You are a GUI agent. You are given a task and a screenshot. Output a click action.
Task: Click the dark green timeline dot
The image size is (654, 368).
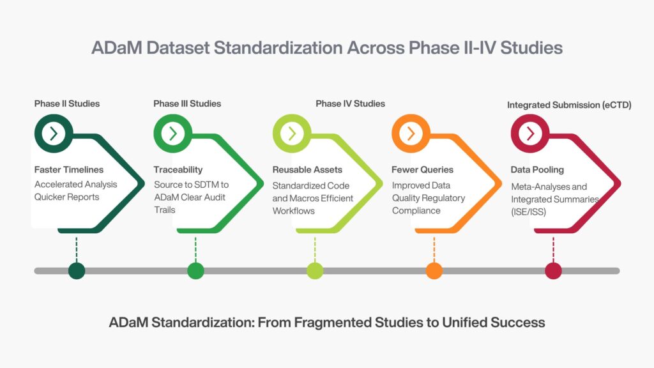click(77, 271)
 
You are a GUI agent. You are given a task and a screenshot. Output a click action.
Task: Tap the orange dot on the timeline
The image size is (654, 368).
click(434, 271)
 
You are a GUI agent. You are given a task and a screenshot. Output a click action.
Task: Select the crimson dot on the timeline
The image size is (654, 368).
click(554, 271)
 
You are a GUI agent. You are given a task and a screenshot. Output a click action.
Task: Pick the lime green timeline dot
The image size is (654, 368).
click(315, 271)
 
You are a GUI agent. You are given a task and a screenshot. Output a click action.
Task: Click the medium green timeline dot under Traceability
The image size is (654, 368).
click(195, 271)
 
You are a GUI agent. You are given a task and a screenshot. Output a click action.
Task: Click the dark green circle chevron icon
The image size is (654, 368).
click(54, 134)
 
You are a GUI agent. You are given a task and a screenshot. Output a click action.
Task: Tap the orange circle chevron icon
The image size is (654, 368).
click(411, 134)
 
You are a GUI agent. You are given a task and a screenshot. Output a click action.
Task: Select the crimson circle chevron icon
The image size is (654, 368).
click(530, 134)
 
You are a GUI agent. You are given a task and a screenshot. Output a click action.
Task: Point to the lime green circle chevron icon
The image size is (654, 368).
click(292, 134)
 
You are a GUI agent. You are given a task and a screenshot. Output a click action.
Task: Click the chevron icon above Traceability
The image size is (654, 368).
click(172, 134)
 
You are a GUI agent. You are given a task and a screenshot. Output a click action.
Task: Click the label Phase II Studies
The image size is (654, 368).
click(67, 103)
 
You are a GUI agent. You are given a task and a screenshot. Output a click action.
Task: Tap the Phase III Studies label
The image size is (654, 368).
click(187, 103)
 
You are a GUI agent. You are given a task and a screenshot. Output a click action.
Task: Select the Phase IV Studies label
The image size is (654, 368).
click(351, 103)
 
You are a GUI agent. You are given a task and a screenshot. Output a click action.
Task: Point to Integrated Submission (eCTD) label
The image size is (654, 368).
click(569, 105)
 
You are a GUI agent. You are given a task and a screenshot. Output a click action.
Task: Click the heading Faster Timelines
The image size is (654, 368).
click(69, 170)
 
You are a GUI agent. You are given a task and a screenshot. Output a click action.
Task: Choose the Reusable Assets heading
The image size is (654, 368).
click(307, 170)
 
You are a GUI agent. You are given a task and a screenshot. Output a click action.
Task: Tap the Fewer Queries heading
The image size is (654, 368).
click(423, 170)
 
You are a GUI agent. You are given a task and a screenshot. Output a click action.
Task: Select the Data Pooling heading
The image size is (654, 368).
click(537, 170)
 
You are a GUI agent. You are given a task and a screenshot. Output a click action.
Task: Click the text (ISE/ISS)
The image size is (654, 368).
click(528, 212)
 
